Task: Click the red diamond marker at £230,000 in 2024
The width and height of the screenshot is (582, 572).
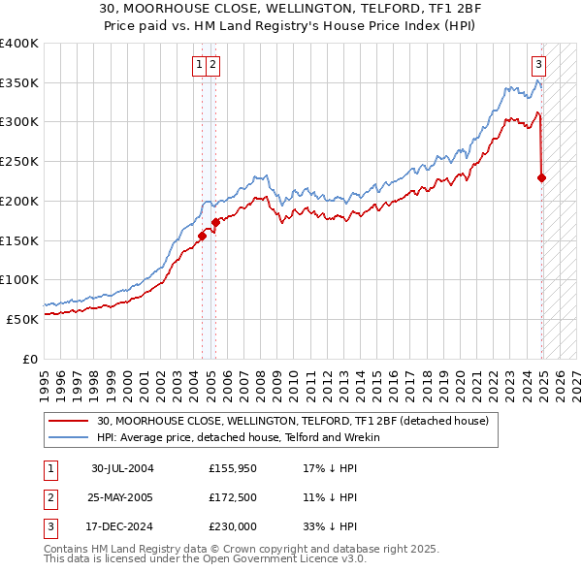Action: [x=541, y=177]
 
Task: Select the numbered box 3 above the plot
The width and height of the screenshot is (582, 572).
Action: [x=538, y=65]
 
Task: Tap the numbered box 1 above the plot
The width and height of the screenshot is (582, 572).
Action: [x=199, y=65]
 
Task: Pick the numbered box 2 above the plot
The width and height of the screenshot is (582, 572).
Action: [x=212, y=65]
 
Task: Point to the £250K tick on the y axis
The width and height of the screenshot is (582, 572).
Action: [x=19, y=161]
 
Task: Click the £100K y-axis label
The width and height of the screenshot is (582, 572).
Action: [x=19, y=279]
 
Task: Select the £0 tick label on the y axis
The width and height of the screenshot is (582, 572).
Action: [x=30, y=358]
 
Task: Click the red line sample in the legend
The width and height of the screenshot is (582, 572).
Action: [x=68, y=421]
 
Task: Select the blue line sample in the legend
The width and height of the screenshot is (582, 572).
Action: [x=68, y=437]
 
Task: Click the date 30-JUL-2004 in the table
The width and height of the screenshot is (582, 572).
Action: [x=122, y=468]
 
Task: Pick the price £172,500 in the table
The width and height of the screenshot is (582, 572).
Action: [x=233, y=498]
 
